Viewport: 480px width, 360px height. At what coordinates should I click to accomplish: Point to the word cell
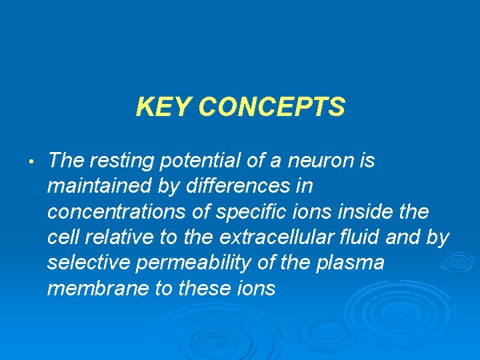tap(65, 237)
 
